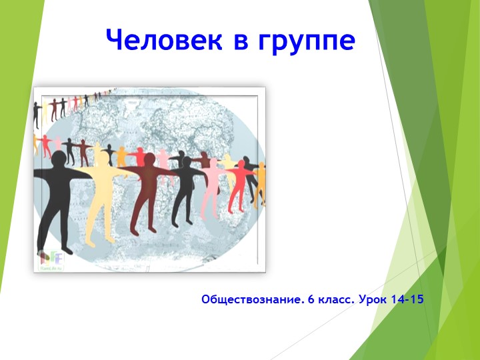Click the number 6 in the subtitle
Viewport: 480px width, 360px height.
(311, 300)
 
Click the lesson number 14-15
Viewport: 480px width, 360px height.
(407, 300)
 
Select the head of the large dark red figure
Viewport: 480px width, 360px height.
(150, 159)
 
